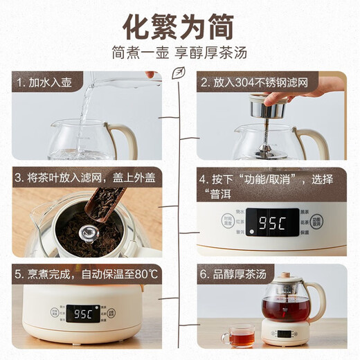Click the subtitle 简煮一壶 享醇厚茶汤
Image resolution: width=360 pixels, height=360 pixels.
pos(179,53)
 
